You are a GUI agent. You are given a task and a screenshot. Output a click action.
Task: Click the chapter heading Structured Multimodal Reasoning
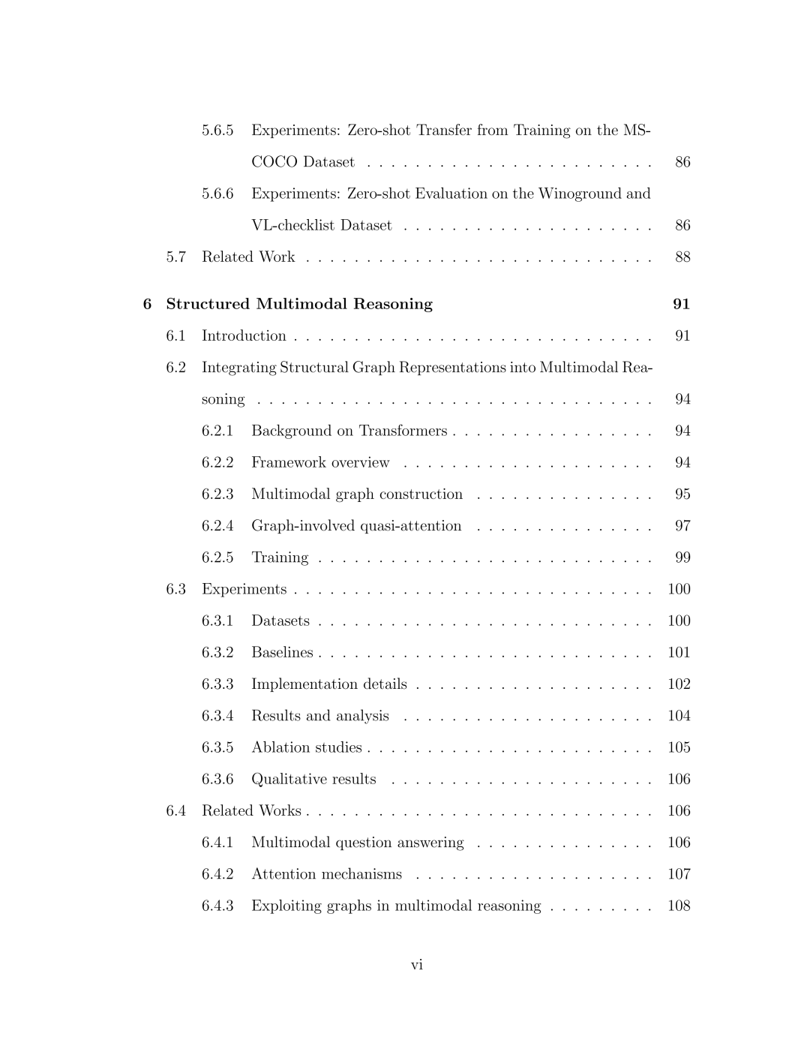click(299, 304)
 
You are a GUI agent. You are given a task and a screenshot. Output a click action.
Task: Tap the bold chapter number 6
click(147, 304)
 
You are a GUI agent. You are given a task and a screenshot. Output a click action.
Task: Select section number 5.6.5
click(217, 131)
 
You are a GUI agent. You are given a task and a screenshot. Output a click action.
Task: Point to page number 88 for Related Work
click(682, 257)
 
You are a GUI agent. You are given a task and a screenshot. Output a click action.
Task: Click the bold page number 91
click(681, 304)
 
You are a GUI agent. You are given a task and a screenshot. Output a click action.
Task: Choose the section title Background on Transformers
click(349, 431)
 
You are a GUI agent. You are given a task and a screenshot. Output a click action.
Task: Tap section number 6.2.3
click(217, 494)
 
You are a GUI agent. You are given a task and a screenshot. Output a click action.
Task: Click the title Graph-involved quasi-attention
click(356, 526)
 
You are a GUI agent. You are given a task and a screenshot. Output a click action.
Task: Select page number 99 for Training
click(682, 558)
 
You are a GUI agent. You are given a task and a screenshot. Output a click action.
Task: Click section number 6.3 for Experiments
click(176, 589)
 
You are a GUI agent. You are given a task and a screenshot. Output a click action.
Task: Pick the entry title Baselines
click(282, 653)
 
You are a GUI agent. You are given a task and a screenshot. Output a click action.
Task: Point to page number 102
click(679, 684)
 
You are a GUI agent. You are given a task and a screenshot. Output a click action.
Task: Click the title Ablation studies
click(306, 747)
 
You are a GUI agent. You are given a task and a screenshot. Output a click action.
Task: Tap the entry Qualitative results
click(313, 779)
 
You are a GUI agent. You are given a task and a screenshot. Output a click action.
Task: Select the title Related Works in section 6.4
click(251, 811)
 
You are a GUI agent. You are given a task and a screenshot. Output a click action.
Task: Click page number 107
click(679, 874)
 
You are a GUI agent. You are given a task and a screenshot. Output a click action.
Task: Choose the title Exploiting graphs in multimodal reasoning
click(396, 906)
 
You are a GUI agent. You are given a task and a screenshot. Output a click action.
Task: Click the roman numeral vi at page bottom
click(417, 965)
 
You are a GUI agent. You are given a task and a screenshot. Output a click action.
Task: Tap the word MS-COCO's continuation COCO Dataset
click(303, 162)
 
